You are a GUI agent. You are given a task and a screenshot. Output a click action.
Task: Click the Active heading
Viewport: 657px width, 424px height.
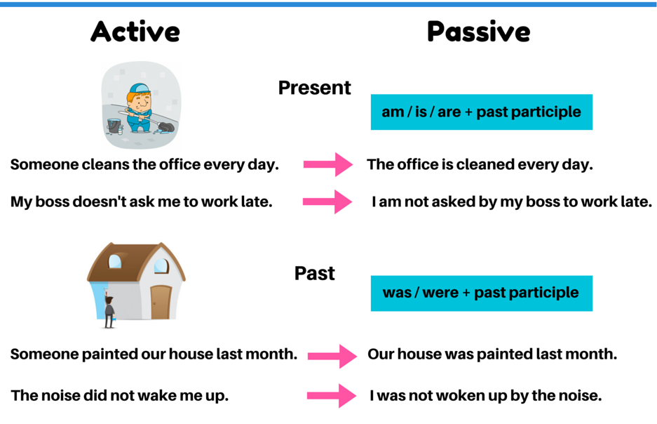135,32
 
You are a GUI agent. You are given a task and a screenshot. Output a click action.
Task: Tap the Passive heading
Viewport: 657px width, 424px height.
478,32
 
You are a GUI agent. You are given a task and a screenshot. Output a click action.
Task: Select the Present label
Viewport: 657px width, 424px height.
315,88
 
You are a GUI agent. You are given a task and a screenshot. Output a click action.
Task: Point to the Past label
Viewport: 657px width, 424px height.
315,274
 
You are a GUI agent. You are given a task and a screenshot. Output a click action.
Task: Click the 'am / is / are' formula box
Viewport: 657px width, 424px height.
482,112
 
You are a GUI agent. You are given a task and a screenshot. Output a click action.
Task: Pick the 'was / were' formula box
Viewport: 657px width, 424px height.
482,293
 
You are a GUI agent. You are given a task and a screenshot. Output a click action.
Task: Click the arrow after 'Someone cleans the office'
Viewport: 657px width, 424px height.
328,164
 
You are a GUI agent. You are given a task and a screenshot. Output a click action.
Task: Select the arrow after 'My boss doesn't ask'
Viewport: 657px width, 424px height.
327,201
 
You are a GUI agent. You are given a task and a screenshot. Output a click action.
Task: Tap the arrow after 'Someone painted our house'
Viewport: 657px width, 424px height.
332,356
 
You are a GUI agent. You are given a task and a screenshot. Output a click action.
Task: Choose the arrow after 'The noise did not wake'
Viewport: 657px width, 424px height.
332,395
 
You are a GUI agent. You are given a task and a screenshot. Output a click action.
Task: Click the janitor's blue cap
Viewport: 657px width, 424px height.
139,88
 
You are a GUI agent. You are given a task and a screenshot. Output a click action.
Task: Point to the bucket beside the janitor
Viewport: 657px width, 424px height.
114,126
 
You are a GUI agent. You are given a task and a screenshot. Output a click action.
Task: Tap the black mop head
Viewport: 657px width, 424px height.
166,126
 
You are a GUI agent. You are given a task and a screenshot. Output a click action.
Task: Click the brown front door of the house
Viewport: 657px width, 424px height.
161,302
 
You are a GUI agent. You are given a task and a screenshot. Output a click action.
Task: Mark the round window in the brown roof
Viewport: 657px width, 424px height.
115,262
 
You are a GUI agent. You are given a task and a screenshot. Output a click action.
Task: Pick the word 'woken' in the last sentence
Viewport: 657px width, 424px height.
456,395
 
